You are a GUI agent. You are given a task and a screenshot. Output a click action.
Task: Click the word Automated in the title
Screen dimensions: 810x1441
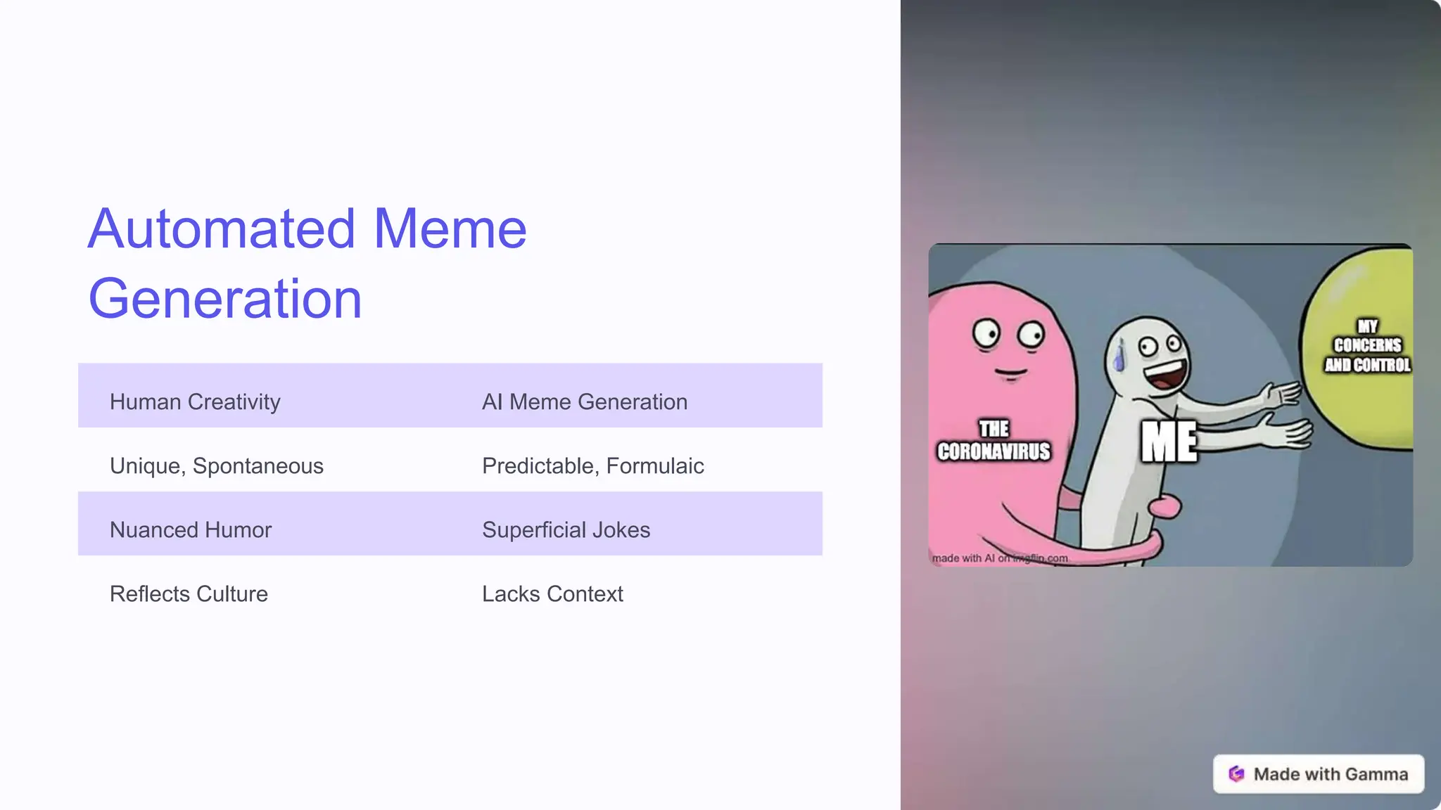(222, 229)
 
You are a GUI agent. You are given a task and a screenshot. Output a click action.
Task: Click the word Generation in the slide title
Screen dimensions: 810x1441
(225, 299)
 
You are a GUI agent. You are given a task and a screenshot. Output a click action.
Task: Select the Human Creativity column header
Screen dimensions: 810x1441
(195, 401)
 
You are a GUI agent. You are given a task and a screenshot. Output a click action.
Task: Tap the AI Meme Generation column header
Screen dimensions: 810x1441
(585, 401)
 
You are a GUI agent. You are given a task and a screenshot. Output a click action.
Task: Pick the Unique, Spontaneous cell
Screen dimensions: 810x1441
(217, 465)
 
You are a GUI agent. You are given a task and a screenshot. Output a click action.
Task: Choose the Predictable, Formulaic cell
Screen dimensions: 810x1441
(592, 465)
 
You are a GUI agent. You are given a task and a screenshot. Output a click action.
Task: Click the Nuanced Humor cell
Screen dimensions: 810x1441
(191, 529)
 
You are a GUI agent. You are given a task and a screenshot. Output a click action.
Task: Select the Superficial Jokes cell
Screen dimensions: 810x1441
(566, 529)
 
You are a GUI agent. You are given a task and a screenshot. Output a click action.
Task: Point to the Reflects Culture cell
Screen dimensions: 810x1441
(189, 593)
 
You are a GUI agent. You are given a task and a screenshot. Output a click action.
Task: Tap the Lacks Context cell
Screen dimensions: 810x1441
(552, 593)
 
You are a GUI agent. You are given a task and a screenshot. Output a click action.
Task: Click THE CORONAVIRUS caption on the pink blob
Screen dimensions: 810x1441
(994, 440)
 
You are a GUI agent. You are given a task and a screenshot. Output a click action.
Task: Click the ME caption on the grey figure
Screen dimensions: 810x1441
(1169, 442)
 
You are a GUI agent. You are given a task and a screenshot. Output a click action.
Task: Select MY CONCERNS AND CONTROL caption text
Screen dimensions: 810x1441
(1367, 346)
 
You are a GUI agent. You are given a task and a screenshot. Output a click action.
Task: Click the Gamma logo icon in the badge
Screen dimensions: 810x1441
(1236, 773)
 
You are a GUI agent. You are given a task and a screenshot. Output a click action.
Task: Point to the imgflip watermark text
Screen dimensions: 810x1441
(1000, 558)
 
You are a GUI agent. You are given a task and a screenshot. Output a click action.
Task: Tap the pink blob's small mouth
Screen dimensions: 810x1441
(1011, 373)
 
